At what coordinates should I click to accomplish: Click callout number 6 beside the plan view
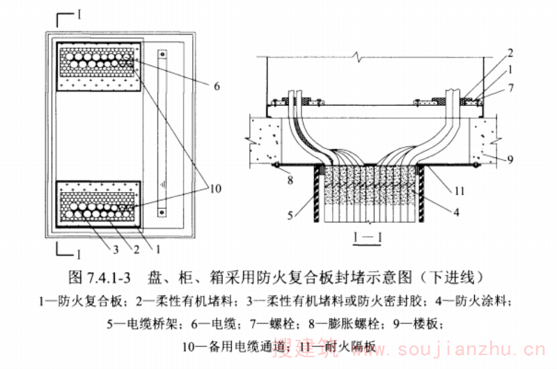(x=217, y=86)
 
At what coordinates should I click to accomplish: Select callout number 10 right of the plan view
(x=214, y=187)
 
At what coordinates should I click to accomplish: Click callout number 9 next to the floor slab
(x=510, y=159)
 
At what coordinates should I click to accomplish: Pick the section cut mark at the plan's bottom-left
(x=65, y=251)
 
